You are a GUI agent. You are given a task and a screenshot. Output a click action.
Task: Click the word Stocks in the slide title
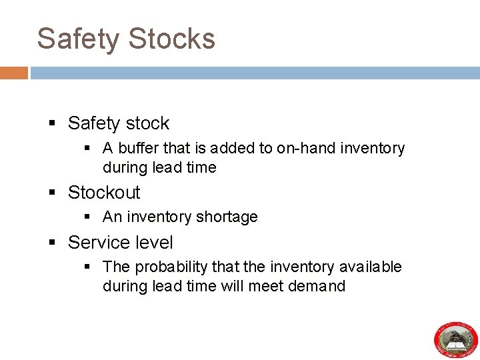[171, 39]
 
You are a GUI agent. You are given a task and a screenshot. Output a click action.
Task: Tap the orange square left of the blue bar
[13, 73]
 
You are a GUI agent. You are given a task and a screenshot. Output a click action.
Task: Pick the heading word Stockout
[104, 193]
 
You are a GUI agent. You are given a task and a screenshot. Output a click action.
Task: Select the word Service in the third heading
[99, 243]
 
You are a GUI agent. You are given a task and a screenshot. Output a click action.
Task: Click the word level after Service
[154, 243]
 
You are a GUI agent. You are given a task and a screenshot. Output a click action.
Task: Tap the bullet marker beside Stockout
[53, 193]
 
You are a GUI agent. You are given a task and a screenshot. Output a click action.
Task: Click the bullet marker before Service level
[53, 243]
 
